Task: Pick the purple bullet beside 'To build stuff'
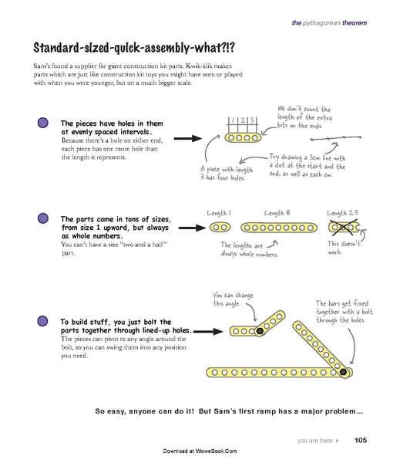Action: tap(43, 321)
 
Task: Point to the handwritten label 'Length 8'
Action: tap(278, 212)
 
